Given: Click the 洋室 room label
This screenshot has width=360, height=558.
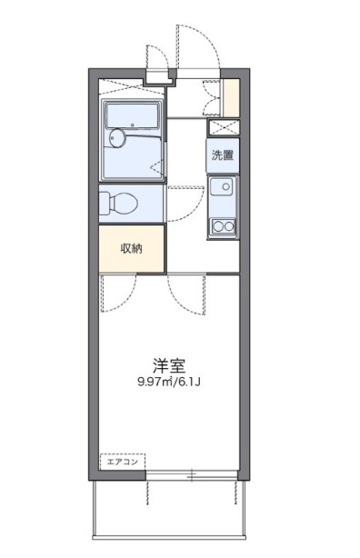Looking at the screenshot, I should (168, 366).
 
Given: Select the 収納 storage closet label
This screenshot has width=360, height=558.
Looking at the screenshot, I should (132, 247).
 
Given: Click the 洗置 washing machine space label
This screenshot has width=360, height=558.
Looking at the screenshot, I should (222, 154).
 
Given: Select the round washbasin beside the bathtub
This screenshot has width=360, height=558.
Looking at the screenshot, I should (115, 138).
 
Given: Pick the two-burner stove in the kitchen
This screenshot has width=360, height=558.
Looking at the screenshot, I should (221, 224).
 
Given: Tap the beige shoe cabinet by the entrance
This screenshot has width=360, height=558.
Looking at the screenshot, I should (233, 99).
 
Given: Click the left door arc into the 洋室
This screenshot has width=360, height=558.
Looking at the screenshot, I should (116, 291).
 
